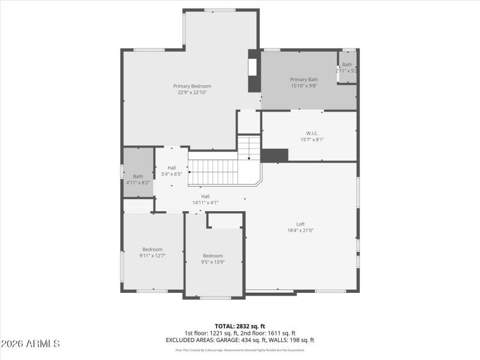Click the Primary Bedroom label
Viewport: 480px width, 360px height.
(x=192, y=86)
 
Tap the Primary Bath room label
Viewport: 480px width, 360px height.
(x=304, y=79)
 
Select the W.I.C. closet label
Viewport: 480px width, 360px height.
(x=312, y=133)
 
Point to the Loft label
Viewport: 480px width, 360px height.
(x=300, y=224)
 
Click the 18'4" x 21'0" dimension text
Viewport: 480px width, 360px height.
(x=300, y=230)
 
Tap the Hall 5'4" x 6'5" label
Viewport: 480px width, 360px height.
(x=172, y=171)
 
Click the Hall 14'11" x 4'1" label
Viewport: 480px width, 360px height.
(x=205, y=199)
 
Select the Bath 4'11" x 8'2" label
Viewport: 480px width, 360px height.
(x=138, y=179)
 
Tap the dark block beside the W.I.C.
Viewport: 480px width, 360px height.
(x=275, y=155)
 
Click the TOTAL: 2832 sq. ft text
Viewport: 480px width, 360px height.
(x=239, y=326)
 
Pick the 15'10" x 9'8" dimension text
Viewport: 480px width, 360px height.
(x=304, y=86)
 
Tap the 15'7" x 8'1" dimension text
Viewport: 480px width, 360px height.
(x=312, y=140)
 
